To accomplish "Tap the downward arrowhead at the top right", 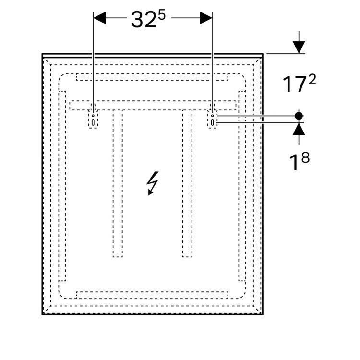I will [299, 47].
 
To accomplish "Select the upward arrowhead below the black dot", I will [299, 128].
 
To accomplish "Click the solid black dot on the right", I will [299, 116].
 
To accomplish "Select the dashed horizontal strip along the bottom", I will [152, 294].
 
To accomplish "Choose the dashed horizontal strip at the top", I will [152, 77].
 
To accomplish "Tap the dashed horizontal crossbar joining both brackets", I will [153, 105].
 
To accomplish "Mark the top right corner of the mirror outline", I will [263, 54].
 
